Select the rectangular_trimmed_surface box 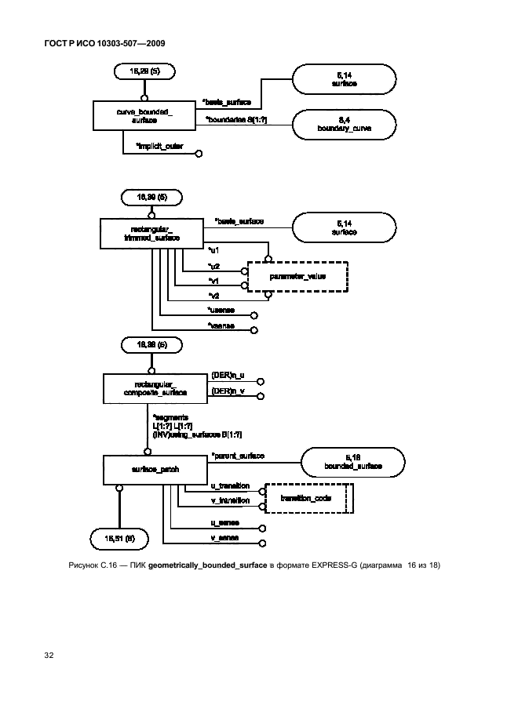(151, 233)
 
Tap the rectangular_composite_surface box (155, 387)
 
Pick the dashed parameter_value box (297, 277)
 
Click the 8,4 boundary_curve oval (344, 123)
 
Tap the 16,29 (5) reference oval (144, 71)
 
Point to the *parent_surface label (238, 456)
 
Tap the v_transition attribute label (231, 500)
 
